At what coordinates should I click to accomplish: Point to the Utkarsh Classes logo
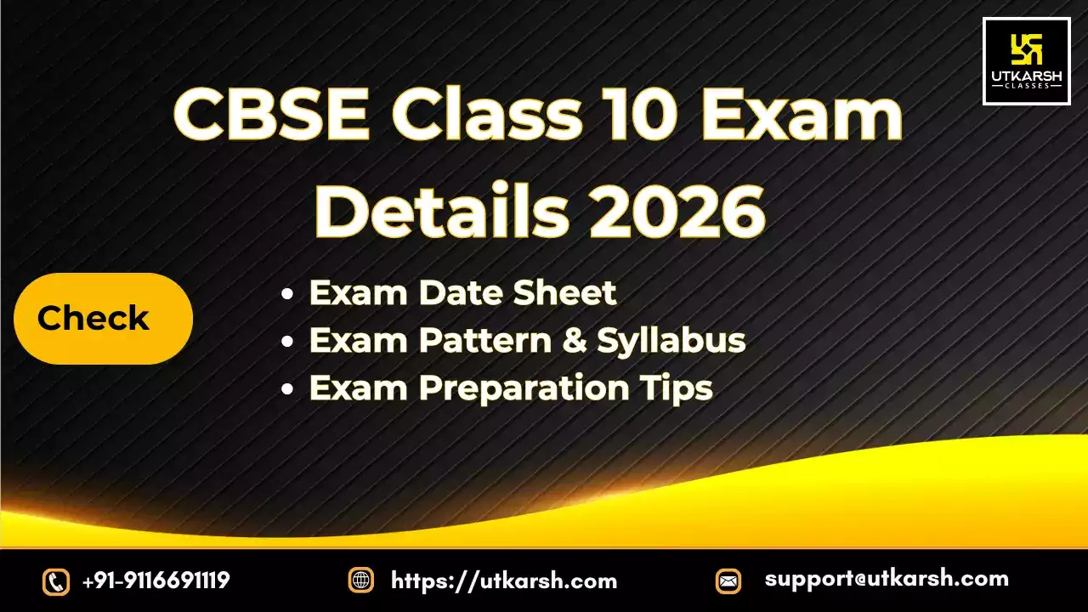point(1026,61)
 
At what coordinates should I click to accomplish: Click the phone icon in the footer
point(55,581)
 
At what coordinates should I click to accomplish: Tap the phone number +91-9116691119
point(156,581)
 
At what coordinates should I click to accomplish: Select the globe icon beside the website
point(361,581)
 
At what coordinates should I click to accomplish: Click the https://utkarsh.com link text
point(504,581)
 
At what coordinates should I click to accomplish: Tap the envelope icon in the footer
point(728,581)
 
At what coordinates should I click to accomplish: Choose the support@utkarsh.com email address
point(887,580)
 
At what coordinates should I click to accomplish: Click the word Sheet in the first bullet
point(564,292)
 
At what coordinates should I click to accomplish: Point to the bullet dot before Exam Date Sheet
point(288,294)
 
